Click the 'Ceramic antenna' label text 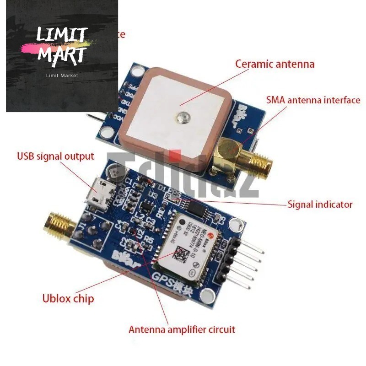tap(275, 64)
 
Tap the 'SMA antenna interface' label tap(313, 100)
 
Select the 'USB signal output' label tap(55, 156)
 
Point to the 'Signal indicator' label tap(320, 204)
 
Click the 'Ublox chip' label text tap(68, 299)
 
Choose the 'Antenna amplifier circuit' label tap(182, 329)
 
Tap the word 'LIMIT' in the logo tap(62, 34)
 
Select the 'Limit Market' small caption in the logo tap(62, 75)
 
